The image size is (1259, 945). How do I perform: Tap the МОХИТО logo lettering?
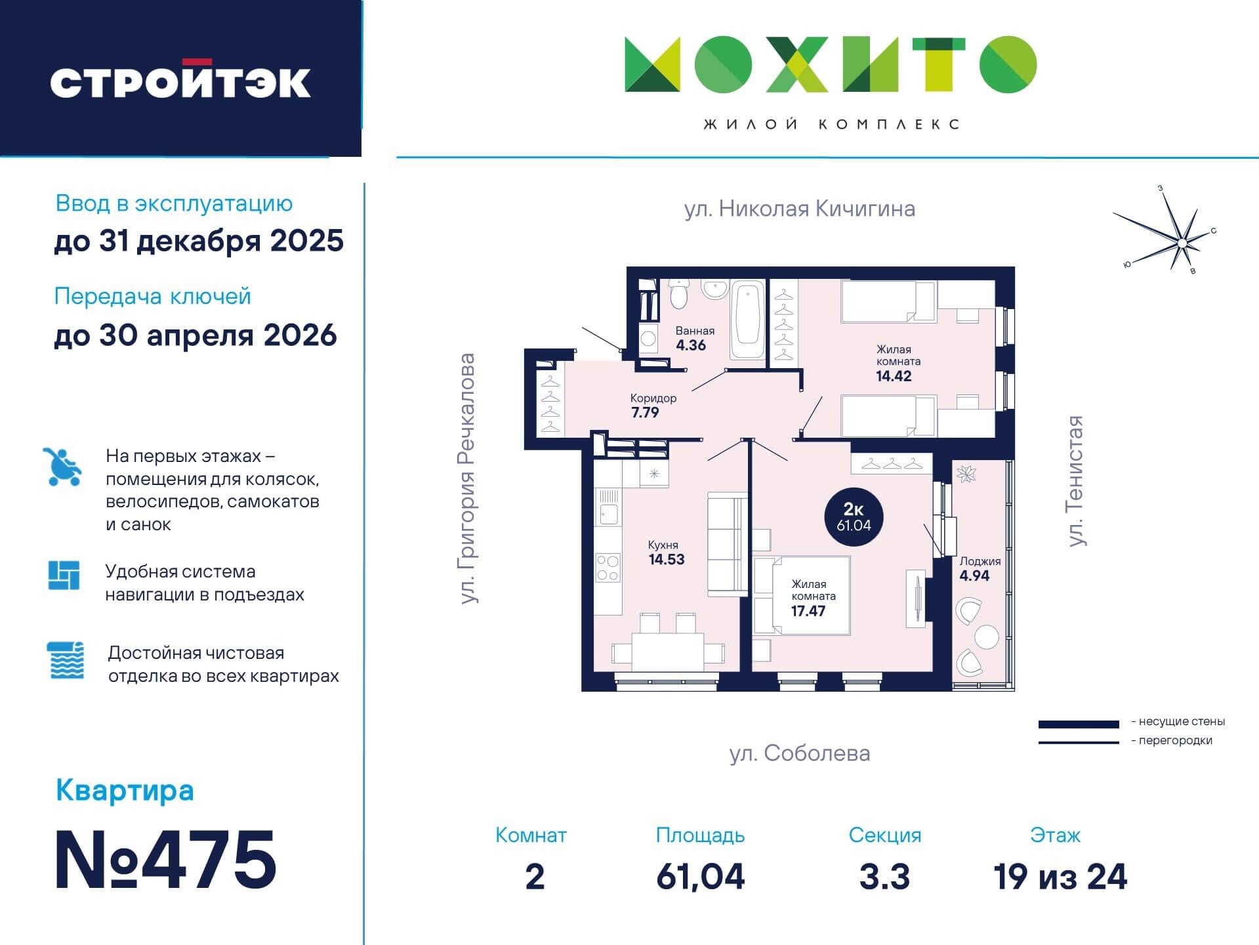tap(831, 64)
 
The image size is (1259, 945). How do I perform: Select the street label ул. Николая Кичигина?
tap(800, 209)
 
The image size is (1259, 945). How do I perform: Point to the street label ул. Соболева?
tap(800, 753)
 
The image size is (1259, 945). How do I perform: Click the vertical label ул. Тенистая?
tap(1075, 481)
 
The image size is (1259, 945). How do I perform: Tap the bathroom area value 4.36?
tap(691, 345)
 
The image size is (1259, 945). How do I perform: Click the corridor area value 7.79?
tap(644, 412)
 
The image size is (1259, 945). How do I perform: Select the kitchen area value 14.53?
tap(667, 559)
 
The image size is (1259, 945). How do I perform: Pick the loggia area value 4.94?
tap(974, 576)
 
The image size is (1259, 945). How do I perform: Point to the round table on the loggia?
tap(986, 637)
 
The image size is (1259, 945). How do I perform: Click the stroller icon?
tap(63, 467)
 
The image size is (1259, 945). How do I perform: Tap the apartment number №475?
tap(165, 860)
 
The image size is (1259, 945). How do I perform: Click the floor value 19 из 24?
tap(1060, 877)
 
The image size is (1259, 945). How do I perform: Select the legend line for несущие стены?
tap(1079, 724)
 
